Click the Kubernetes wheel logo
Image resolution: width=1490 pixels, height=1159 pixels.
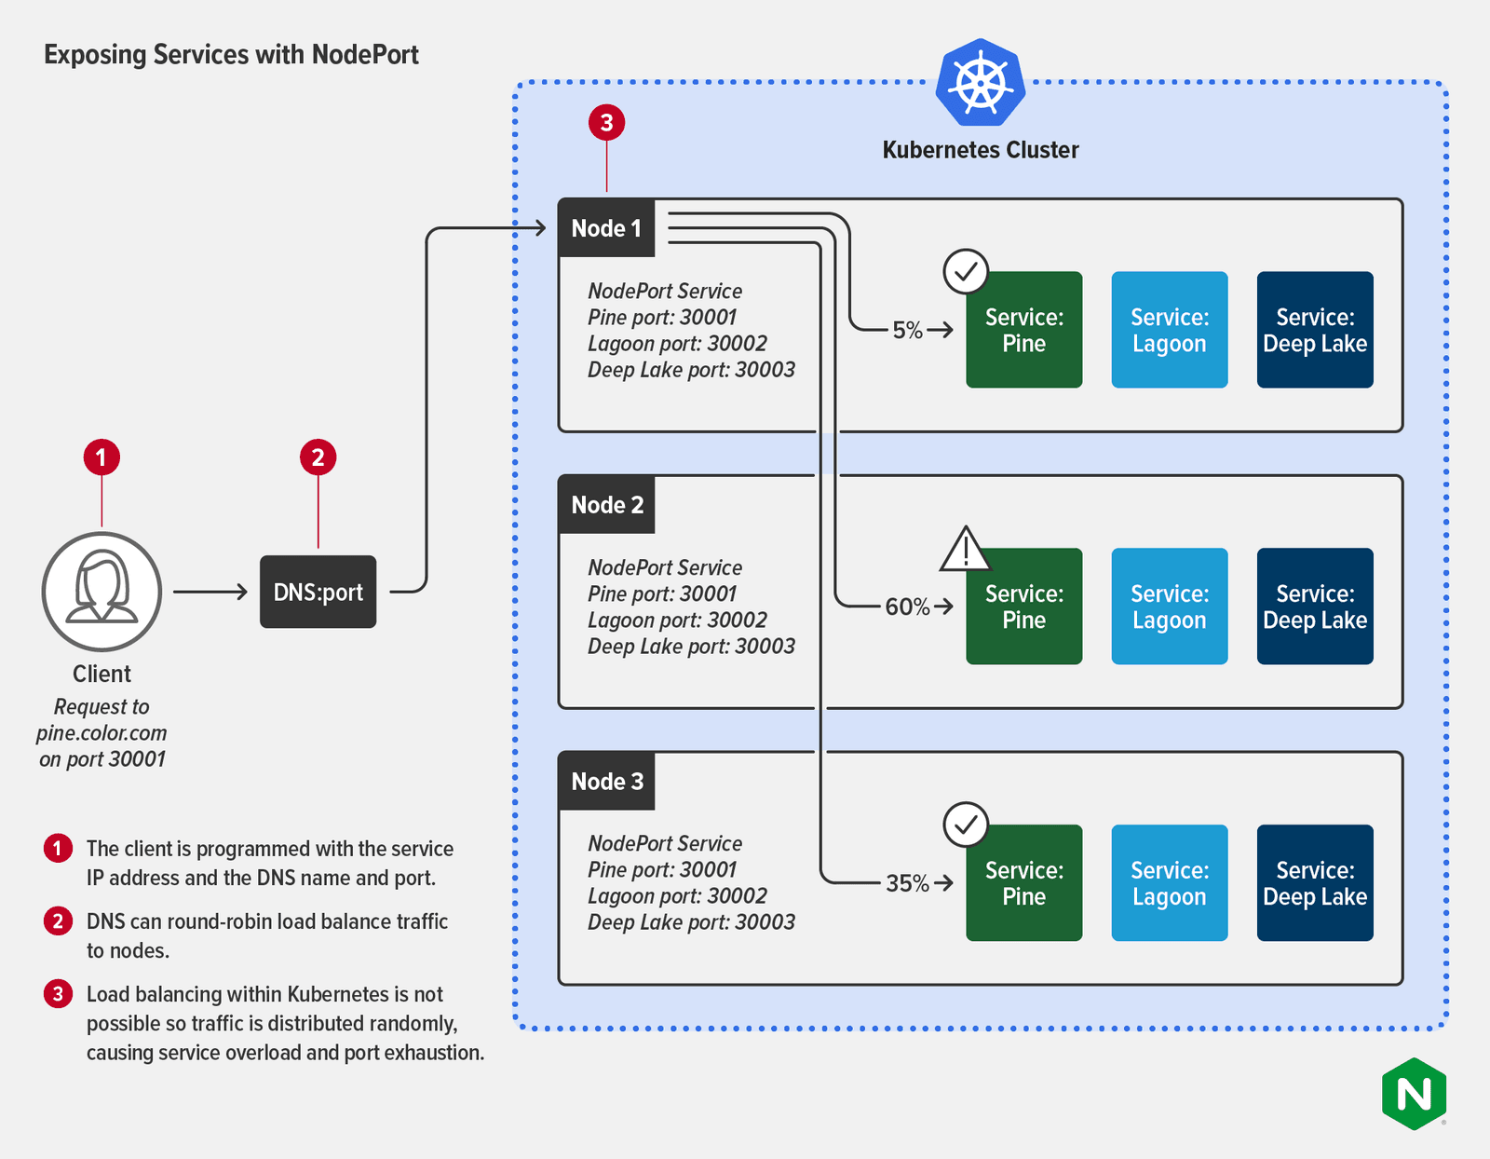coord(981,82)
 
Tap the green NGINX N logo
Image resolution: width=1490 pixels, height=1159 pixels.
coord(1415,1093)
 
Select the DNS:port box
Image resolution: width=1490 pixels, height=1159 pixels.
coord(318,592)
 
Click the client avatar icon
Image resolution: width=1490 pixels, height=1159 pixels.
coord(102,591)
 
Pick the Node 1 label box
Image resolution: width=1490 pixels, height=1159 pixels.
coord(606,228)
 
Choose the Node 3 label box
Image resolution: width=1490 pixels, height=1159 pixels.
coord(606,781)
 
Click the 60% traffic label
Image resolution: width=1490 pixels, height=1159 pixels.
coord(907,607)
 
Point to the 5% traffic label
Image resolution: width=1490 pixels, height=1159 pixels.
coord(907,330)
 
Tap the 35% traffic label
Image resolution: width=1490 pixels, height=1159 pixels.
coord(907,883)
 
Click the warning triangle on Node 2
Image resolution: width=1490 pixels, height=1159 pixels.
coord(965,550)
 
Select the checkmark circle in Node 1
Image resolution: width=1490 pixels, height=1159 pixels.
coord(966,271)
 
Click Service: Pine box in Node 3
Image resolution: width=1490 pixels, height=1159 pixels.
coord(1023,882)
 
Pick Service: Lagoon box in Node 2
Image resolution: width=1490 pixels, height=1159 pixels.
coord(1169,606)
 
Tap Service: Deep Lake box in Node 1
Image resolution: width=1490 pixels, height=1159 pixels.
coord(1314,330)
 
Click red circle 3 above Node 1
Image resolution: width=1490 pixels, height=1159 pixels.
coord(606,122)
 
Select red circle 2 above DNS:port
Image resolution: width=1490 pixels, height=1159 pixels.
coord(318,457)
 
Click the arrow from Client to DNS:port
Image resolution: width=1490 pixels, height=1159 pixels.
coord(210,592)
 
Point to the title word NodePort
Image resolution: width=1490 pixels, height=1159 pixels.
coord(365,54)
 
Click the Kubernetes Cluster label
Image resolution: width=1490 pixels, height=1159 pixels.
coord(980,150)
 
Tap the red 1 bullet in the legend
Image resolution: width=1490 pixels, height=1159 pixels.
coord(58,848)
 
